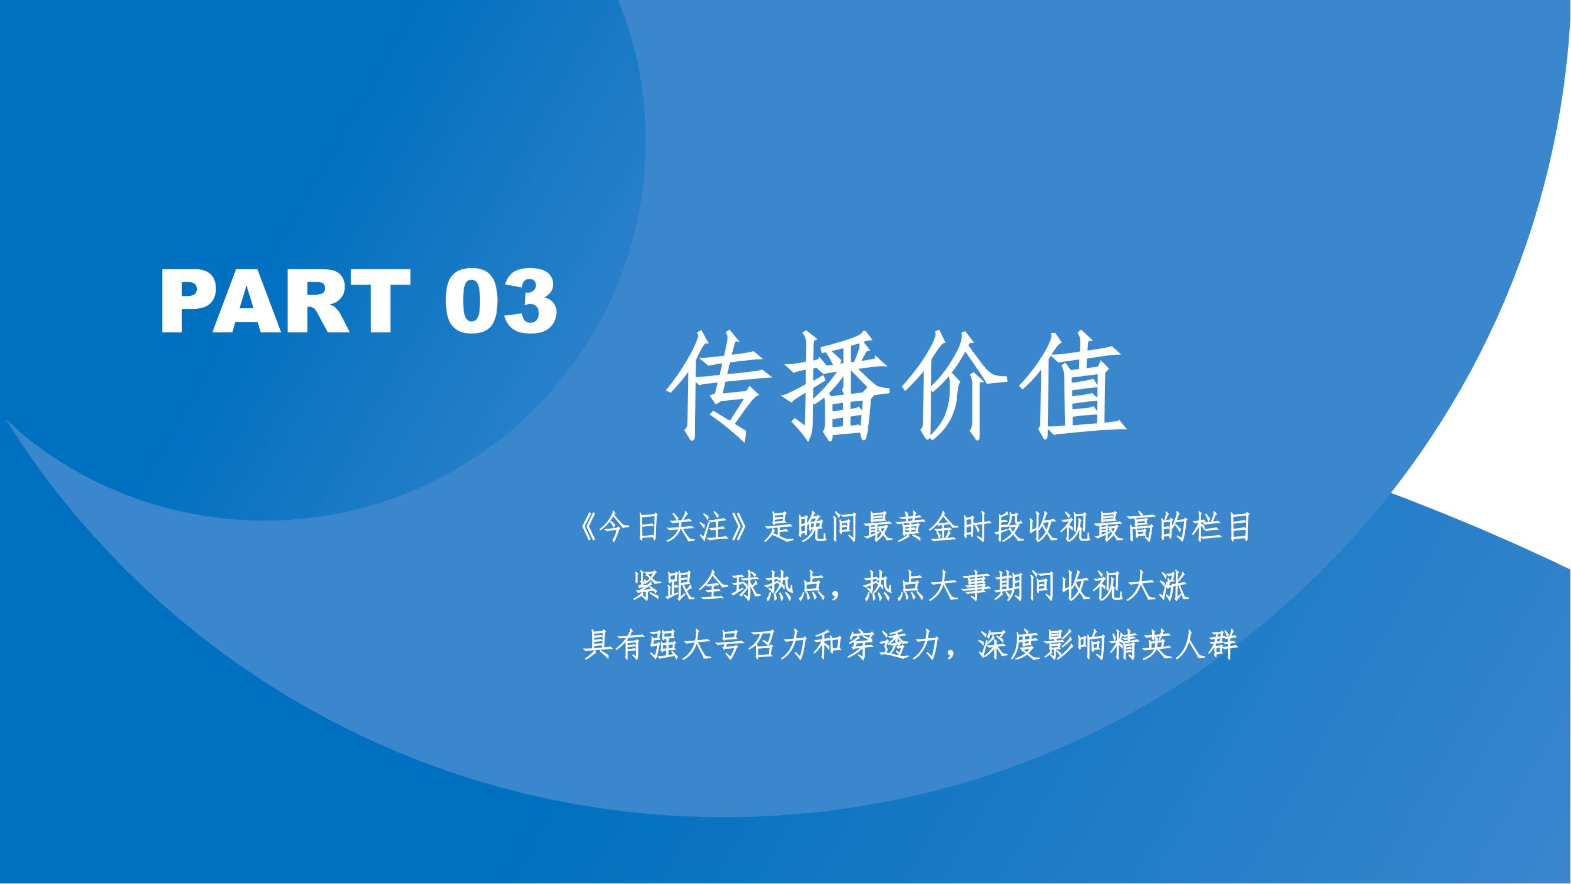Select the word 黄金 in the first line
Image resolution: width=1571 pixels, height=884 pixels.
[x=930, y=527]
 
